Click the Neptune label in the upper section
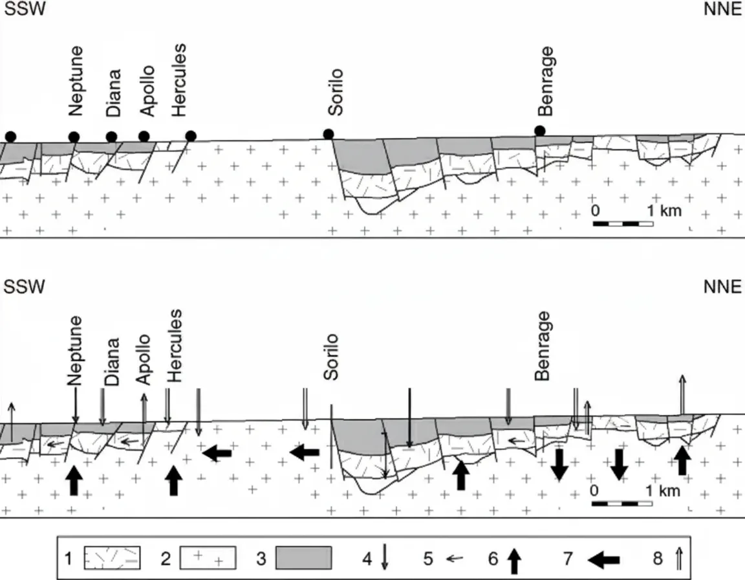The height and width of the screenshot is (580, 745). coord(76,80)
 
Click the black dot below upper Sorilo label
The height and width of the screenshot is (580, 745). coord(329,134)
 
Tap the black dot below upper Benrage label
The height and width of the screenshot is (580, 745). coord(540,131)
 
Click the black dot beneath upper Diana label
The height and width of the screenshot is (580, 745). coord(111,137)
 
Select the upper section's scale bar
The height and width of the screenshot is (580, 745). coord(623,224)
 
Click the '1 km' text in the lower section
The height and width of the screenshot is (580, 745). coord(662,490)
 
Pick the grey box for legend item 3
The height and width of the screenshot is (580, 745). coord(303,557)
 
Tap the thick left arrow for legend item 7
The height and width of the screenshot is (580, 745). coord(603,558)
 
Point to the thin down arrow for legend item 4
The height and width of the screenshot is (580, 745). coord(385,557)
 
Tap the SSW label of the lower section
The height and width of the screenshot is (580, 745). coord(25,287)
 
